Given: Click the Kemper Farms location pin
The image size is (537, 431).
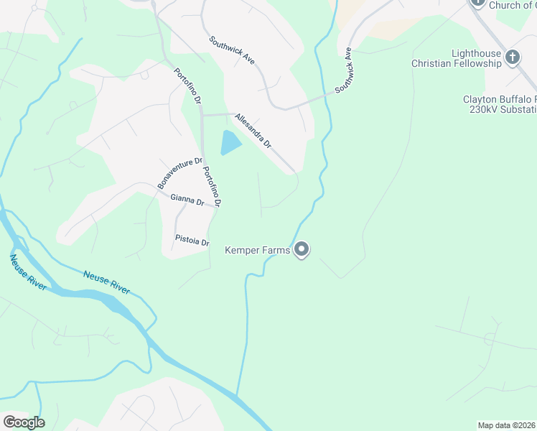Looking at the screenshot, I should [302, 249].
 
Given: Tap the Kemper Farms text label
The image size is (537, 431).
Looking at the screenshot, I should [258, 250].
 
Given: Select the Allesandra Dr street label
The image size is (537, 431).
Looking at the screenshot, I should [253, 131].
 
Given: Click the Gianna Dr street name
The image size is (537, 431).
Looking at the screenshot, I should [187, 200].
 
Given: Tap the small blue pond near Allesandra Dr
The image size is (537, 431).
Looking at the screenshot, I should [230, 143].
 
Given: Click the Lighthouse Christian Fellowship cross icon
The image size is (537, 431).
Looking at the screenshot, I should [513, 57].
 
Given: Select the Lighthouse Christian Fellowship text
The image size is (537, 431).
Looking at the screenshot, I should [456, 59].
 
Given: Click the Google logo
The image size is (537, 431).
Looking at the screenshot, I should [24, 422].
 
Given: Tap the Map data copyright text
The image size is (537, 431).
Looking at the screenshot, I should [507, 425].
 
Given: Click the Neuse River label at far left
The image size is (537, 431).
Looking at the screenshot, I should [28, 272].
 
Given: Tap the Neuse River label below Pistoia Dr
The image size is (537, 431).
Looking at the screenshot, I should [106, 282].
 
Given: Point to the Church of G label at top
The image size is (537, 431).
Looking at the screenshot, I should [512, 5].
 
